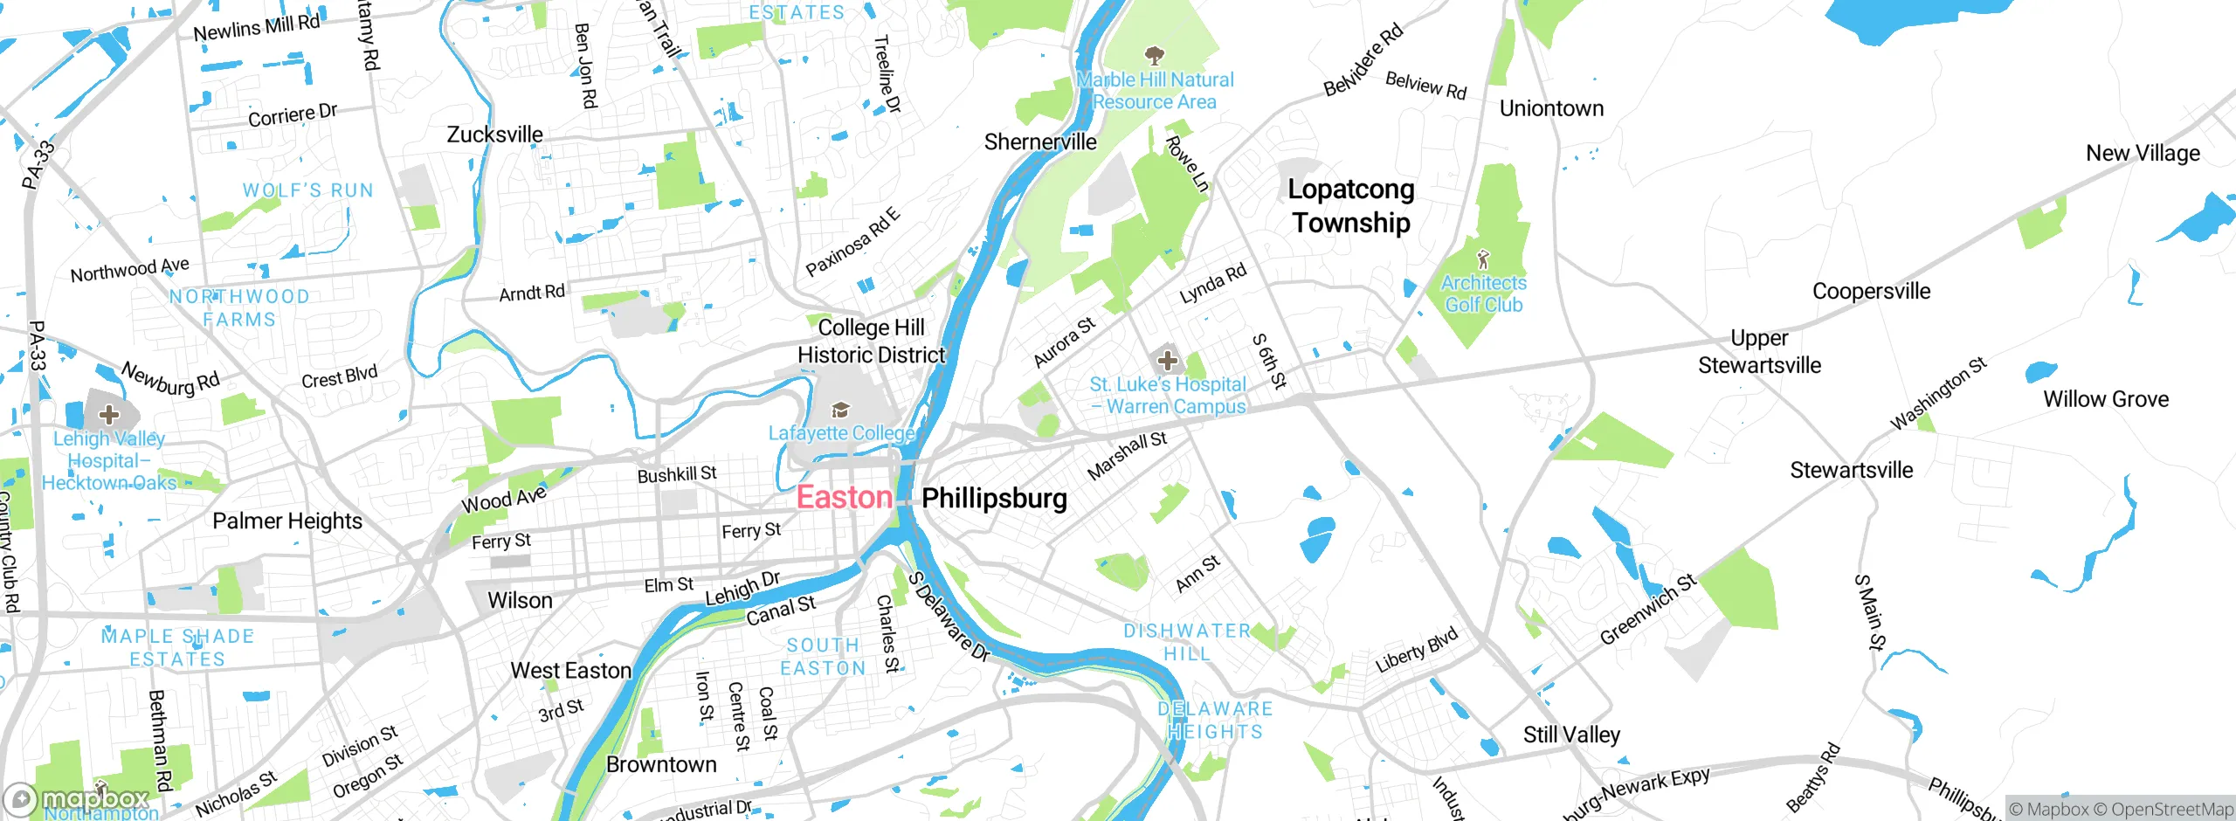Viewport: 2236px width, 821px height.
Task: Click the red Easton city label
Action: point(844,497)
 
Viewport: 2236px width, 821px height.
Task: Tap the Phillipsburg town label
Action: point(994,498)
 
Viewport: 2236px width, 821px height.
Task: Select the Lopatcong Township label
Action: point(1350,205)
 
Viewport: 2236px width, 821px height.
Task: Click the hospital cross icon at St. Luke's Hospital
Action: point(1168,361)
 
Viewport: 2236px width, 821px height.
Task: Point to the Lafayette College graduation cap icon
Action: point(840,410)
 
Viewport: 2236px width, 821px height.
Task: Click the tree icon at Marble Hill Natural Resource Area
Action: point(1155,57)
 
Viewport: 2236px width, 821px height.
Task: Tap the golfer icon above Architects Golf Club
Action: point(1482,259)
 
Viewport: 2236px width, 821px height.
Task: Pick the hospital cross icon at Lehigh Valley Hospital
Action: point(109,414)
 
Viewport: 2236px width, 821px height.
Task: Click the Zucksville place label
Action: point(494,135)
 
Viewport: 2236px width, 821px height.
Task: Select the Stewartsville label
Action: point(1851,470)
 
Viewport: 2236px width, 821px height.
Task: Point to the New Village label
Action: point(2143,153)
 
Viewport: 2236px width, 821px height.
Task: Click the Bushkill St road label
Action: point(677,474)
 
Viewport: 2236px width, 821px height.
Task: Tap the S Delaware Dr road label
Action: point(948,616)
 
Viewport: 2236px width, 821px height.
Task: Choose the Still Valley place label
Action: point(1571,735)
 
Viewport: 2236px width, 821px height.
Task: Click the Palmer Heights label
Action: point(287,521)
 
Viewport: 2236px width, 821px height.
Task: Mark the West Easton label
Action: point(570,670)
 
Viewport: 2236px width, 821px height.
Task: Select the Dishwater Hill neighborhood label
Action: point(1186,642)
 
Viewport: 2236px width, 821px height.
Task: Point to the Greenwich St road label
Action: point(1647,609)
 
